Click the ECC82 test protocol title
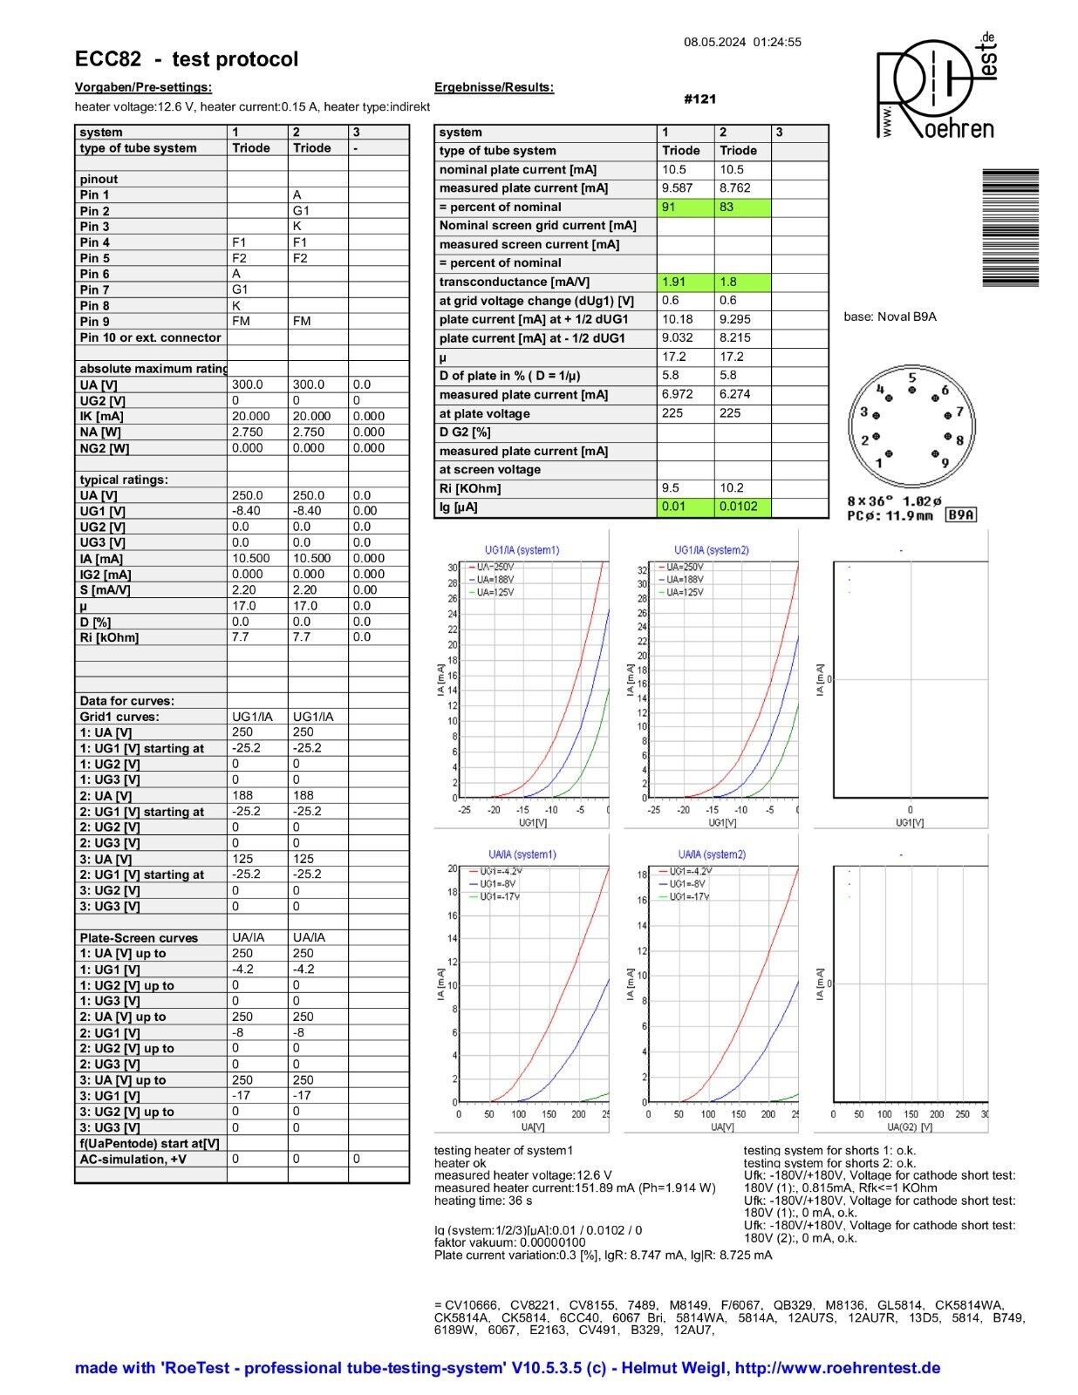[x=187, y=59]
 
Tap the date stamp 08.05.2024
[x=714, y=42]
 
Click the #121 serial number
[x=699, y=99]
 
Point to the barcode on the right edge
[x=1010, y=228]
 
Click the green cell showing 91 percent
[x=685, y=208]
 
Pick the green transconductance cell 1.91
[x=685, y=282]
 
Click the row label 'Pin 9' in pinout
[x=95, y=322]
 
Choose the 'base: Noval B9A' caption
[x=890, y=316]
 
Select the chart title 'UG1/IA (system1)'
[x=522, y=550]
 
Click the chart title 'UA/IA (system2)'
[x=712, y=854]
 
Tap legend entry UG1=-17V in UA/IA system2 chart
[x=688, y=897]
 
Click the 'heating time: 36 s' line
[x=483, y=1201]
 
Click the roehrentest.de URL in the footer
[x=837, y=1368]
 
